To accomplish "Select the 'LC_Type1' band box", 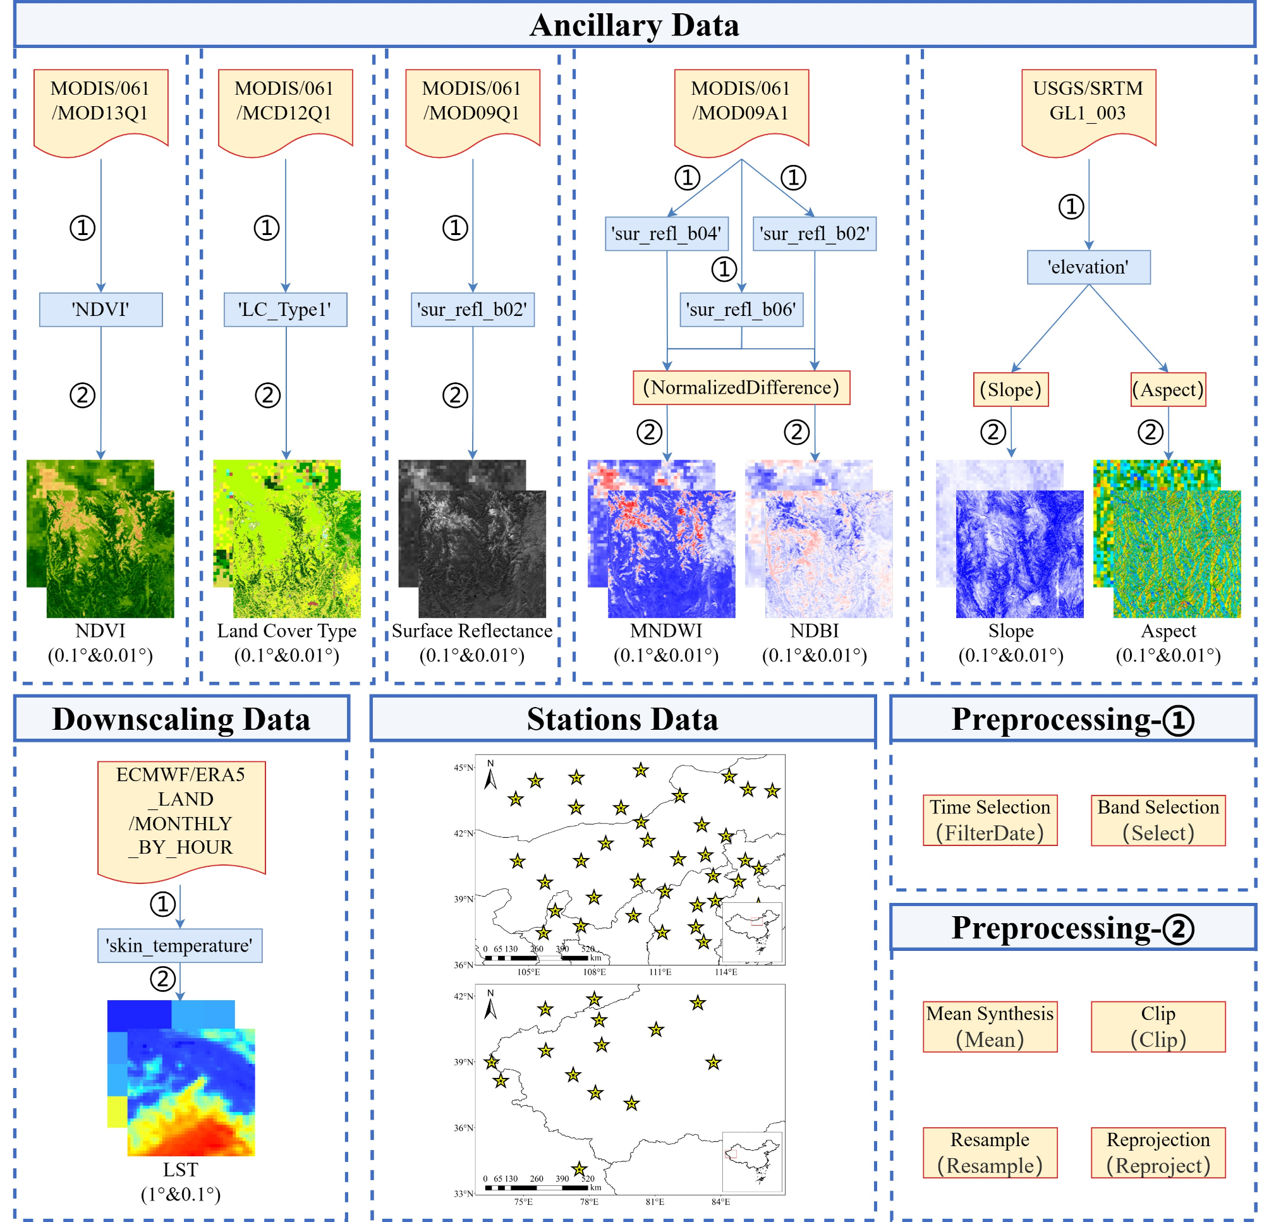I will [x=285, y=310].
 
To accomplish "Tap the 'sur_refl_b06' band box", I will [x=741, y=310].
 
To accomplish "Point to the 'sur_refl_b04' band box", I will [x=666, y=234].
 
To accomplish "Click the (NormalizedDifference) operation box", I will [x=741, y=388].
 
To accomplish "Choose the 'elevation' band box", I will [x=1088, y=267].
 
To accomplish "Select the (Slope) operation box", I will [x=1010, y=390].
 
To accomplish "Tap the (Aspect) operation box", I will [x=1167, y=390].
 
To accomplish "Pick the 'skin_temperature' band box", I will [x=179, y=946].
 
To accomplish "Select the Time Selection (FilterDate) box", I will [x=989, y=820].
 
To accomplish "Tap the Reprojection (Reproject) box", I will [x=1158, y=1152].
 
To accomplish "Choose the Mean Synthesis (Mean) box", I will [x=989, y=1027].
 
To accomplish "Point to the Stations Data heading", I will [x=622, y=719].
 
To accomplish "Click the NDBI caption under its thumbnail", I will [x=814, y=631].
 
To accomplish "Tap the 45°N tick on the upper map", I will [x=464, y=768].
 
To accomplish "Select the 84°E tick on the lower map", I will [x=720, y=1202].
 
